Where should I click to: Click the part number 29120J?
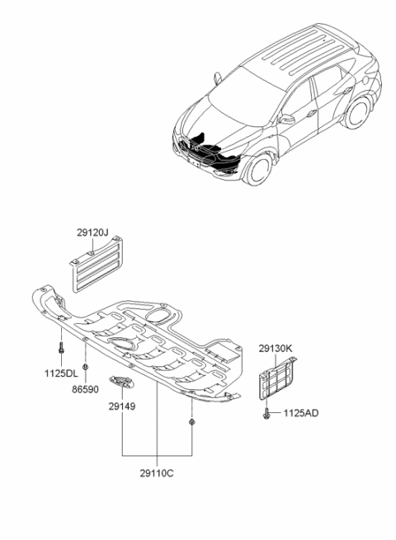[92, 232]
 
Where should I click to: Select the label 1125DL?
[61, 373]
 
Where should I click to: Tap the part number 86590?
[85, 389]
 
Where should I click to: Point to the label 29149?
[122, 406]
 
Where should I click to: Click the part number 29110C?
[157, 473]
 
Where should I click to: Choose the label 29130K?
[276, 349]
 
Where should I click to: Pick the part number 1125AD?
[301, 413]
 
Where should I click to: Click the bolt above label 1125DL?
[61, 347]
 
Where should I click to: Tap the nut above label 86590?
[85, 366]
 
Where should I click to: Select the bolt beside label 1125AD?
[266, 413]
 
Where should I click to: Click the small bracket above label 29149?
[122, 381]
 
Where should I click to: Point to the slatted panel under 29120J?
[97, 264]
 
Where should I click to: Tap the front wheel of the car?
[257, 170]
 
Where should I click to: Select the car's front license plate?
[193, 162]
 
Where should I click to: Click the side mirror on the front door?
[287, 120]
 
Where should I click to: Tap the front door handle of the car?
[311, 113]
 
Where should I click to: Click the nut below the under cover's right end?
[191, 422]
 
